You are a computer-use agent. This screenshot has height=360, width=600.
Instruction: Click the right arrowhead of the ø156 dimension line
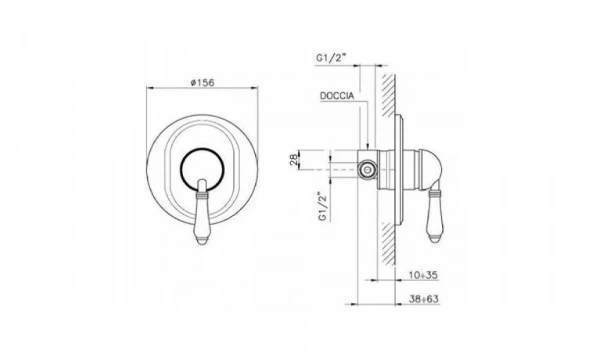pyautogui.click(x=262, y=91)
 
